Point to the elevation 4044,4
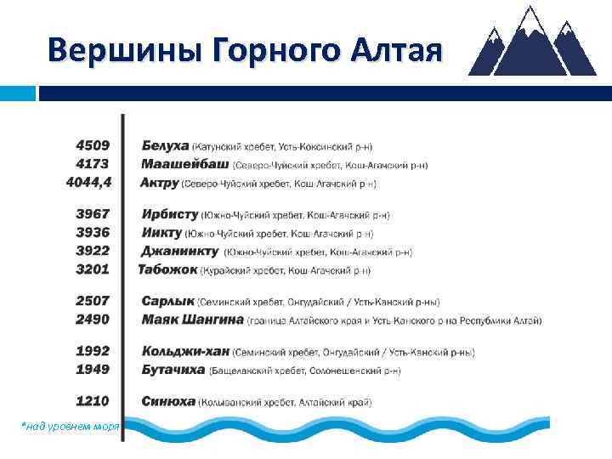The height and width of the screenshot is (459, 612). (89, 181)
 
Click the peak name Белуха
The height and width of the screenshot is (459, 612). (166, 146)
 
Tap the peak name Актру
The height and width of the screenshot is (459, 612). (160, 182)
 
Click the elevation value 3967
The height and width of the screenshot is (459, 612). (93, 215)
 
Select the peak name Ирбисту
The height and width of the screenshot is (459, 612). (170, 215)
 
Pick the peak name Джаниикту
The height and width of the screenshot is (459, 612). (180, 252)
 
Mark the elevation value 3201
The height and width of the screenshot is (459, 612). (93, 269)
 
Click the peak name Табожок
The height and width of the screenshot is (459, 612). (168, 269)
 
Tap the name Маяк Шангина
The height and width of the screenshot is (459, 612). (192, 320)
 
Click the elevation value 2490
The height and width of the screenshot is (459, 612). (93, 320)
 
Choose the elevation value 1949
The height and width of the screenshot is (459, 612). (93, 369)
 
